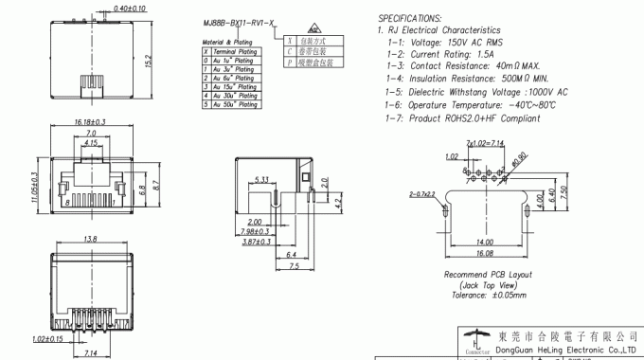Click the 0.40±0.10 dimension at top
[x=129, y=8]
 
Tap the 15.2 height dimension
[x=148, y=61]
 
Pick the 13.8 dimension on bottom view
[x=92, y=239]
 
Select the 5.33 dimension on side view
[x=262, y=180]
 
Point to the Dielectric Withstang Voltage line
[x=477, y=93]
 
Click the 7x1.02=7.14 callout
[x=485, y=143]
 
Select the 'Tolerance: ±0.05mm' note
[x=489, y=296]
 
